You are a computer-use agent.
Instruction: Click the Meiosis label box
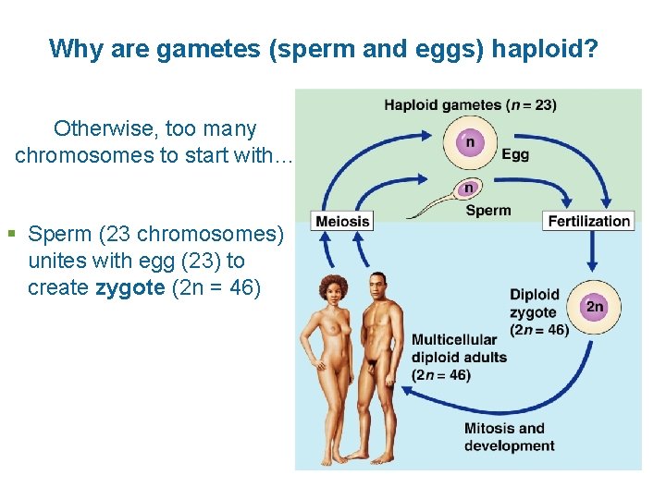click(342, 221)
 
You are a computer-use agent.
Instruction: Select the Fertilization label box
click(588, 221)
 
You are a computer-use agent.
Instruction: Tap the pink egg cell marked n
click(470, 143)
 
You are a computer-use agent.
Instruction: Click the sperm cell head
click(469, 189)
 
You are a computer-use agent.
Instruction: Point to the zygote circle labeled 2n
click(594, 306)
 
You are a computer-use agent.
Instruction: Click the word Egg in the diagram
click(515, 154)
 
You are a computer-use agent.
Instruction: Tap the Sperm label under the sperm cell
click(488, 211)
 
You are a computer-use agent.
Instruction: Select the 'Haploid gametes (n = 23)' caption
click(470, 104)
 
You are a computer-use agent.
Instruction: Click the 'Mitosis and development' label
click(509, 436)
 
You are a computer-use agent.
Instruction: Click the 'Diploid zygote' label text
click(535, 303)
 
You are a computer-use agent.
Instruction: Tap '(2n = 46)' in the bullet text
click(215, 287)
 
